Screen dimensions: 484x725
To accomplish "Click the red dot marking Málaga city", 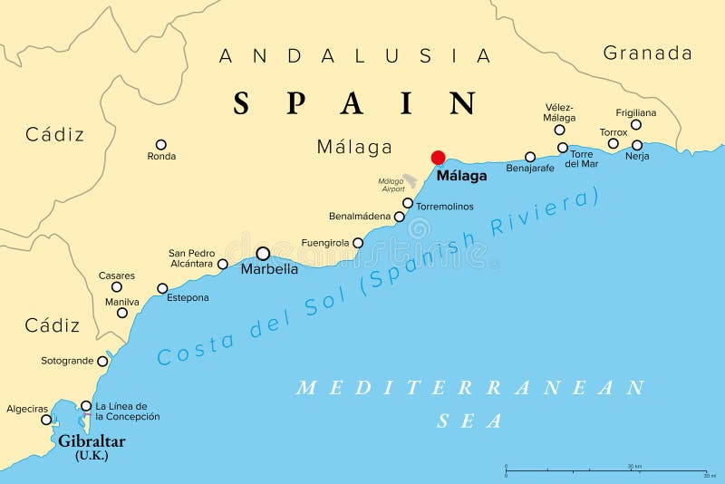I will pos(439,157).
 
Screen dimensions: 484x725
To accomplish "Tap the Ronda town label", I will pos(161,157).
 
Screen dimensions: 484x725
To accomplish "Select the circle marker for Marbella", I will pos(263,254).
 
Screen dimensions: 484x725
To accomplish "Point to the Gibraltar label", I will pos(92,441).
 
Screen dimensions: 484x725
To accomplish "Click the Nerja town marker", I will pos(637,145).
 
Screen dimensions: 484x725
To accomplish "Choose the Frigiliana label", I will pos(635,112).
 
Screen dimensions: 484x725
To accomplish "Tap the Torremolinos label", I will pos(444,207).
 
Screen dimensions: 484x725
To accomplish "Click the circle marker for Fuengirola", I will pos(358,243).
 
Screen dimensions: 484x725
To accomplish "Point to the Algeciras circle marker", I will pos(46,420).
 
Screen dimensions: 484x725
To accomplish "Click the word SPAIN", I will pos(355,103).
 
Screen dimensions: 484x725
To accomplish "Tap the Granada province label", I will pos(647,53).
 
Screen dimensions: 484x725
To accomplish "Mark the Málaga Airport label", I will pos(391,186).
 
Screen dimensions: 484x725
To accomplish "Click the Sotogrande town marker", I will pos(102,361).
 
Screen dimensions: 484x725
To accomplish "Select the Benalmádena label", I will pos(360,217).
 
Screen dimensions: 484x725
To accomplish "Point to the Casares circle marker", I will pos(117,287).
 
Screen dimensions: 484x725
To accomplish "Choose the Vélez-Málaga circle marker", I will pos(559,130).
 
